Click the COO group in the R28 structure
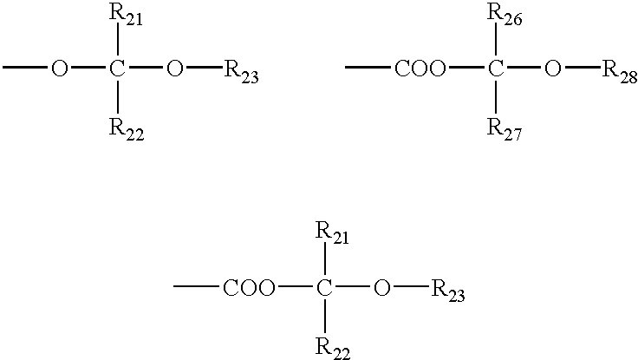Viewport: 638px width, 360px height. pyautogui.click(x=420, y=69)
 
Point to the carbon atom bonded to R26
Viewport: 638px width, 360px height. pyautogui.click(x=495, y=69)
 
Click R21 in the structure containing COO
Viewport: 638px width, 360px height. pyautogui.click(x=332, y=233)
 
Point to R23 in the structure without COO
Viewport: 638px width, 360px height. pyautogui.click(x=241, y=72)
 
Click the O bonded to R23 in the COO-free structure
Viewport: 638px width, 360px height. pyautogui.click(x=174, y=69)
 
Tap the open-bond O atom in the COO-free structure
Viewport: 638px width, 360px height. pyautogui.click(x=59, y=69)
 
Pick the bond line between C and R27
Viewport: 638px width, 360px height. pyautogui.click(x=495, y=97)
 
